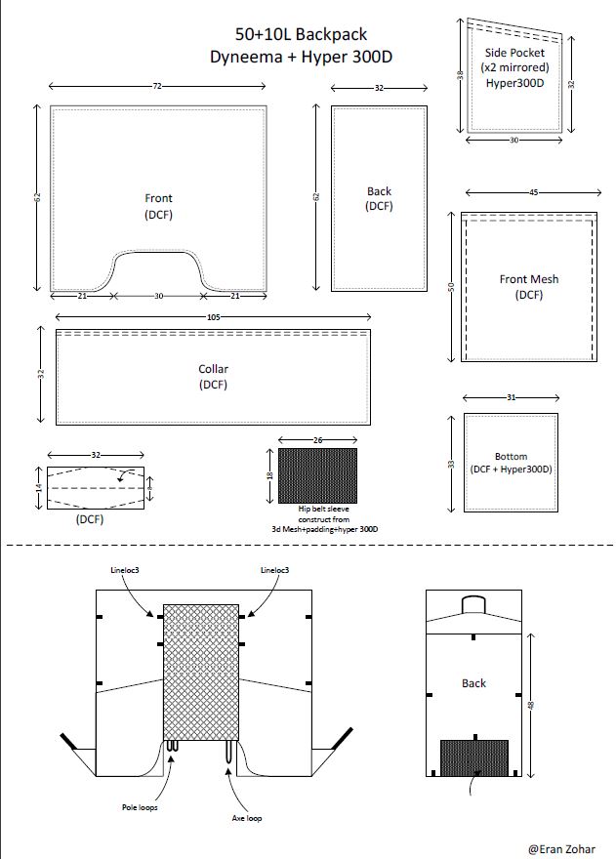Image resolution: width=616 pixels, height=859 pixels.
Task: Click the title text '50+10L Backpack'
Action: [301, 34]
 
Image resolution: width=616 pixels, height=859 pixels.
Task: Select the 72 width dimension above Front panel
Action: [157, 86]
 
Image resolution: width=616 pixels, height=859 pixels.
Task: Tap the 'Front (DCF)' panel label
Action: [158, 206]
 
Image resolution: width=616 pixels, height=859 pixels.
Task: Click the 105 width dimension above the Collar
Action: [213, 316]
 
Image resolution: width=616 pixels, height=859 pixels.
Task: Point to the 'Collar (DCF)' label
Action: [213, 377]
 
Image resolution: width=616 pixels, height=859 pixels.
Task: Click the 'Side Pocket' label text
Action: [514, 53]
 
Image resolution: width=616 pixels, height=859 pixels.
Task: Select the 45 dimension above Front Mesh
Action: [533, 192]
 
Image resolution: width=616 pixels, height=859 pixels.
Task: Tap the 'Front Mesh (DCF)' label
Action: [529, 287]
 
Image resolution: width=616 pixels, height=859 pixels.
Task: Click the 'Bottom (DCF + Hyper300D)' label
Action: [511, 463]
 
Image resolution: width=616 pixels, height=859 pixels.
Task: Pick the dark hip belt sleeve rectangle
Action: [318, 475]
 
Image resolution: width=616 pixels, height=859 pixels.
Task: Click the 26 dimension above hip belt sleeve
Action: [318, 439]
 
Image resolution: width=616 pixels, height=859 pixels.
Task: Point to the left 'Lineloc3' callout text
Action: [124, 570]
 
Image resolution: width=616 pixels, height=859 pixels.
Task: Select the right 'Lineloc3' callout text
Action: [274, 570]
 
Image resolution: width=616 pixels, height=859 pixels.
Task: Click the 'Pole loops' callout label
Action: [140, 807]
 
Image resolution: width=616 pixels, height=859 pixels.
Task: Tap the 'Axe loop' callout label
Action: [247, 818]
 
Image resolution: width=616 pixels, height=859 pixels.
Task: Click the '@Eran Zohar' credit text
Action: [561, 849]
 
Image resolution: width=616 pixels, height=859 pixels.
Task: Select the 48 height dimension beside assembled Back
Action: [530, 705]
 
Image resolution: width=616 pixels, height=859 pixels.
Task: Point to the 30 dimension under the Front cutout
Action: [158, 296]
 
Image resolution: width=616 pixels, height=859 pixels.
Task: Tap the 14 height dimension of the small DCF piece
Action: [39, 487]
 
